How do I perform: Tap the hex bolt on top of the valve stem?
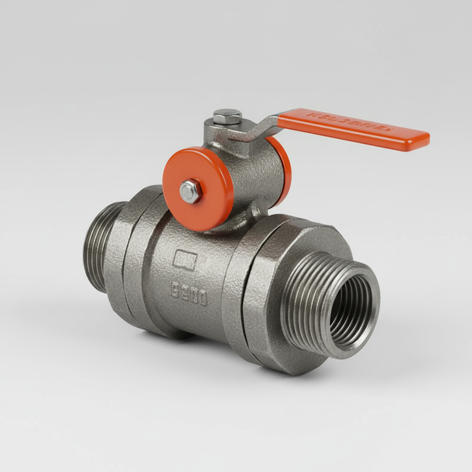(227, 116)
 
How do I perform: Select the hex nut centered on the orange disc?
(190, 191)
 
